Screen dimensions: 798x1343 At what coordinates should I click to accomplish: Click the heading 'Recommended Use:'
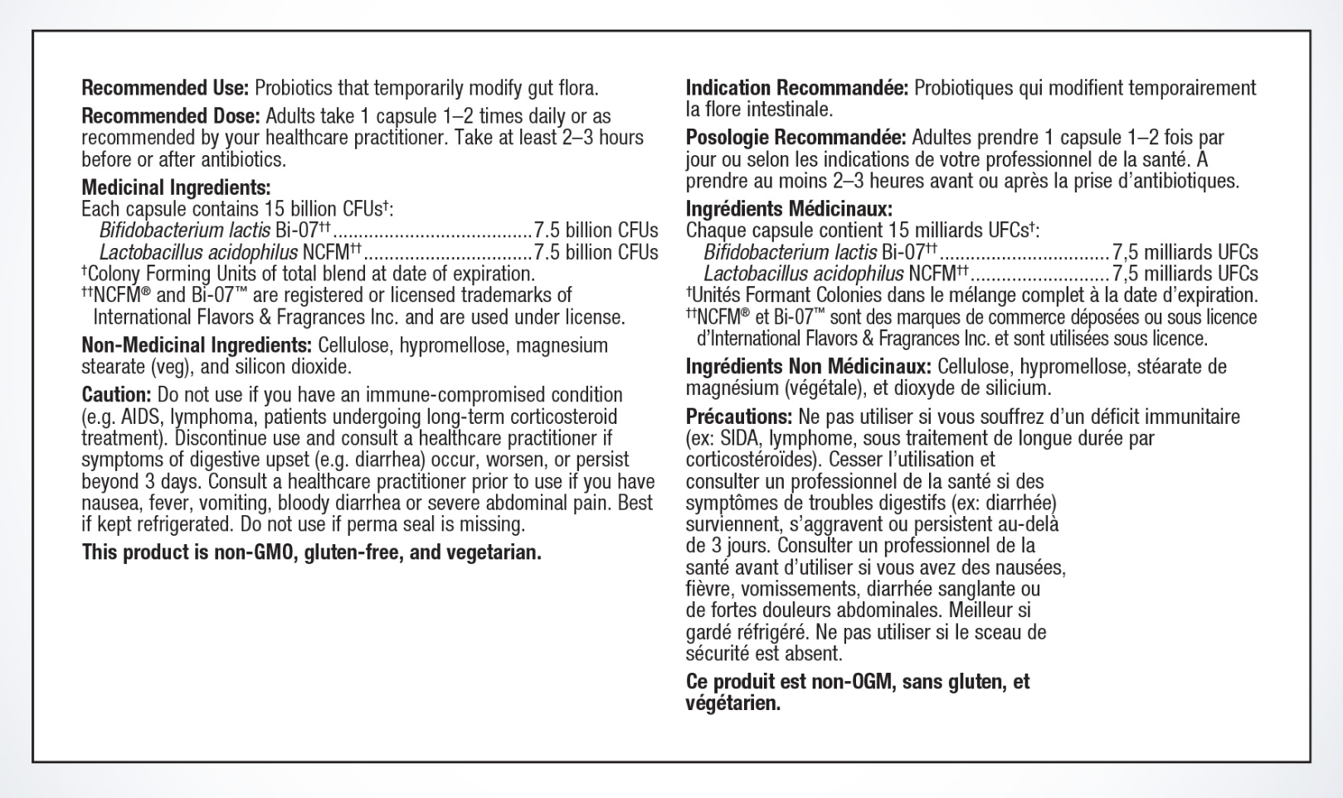pos(165,88)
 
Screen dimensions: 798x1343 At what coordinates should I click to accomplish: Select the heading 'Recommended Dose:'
pos(171,116)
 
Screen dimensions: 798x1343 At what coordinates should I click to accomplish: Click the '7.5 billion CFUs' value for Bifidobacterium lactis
pos(596,231)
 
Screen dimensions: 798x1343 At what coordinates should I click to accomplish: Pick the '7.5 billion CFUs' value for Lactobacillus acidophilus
pos(596,252)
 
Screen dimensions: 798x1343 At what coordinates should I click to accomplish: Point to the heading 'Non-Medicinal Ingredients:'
pos(196,345)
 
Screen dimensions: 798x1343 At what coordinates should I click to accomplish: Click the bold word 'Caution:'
pos(116,395)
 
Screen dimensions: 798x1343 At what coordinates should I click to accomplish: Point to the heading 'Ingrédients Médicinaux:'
pos(789,209)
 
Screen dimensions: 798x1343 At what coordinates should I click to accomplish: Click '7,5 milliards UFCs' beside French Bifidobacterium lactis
pos(1185,252)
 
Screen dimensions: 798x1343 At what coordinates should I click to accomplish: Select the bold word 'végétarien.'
pos(733,703)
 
